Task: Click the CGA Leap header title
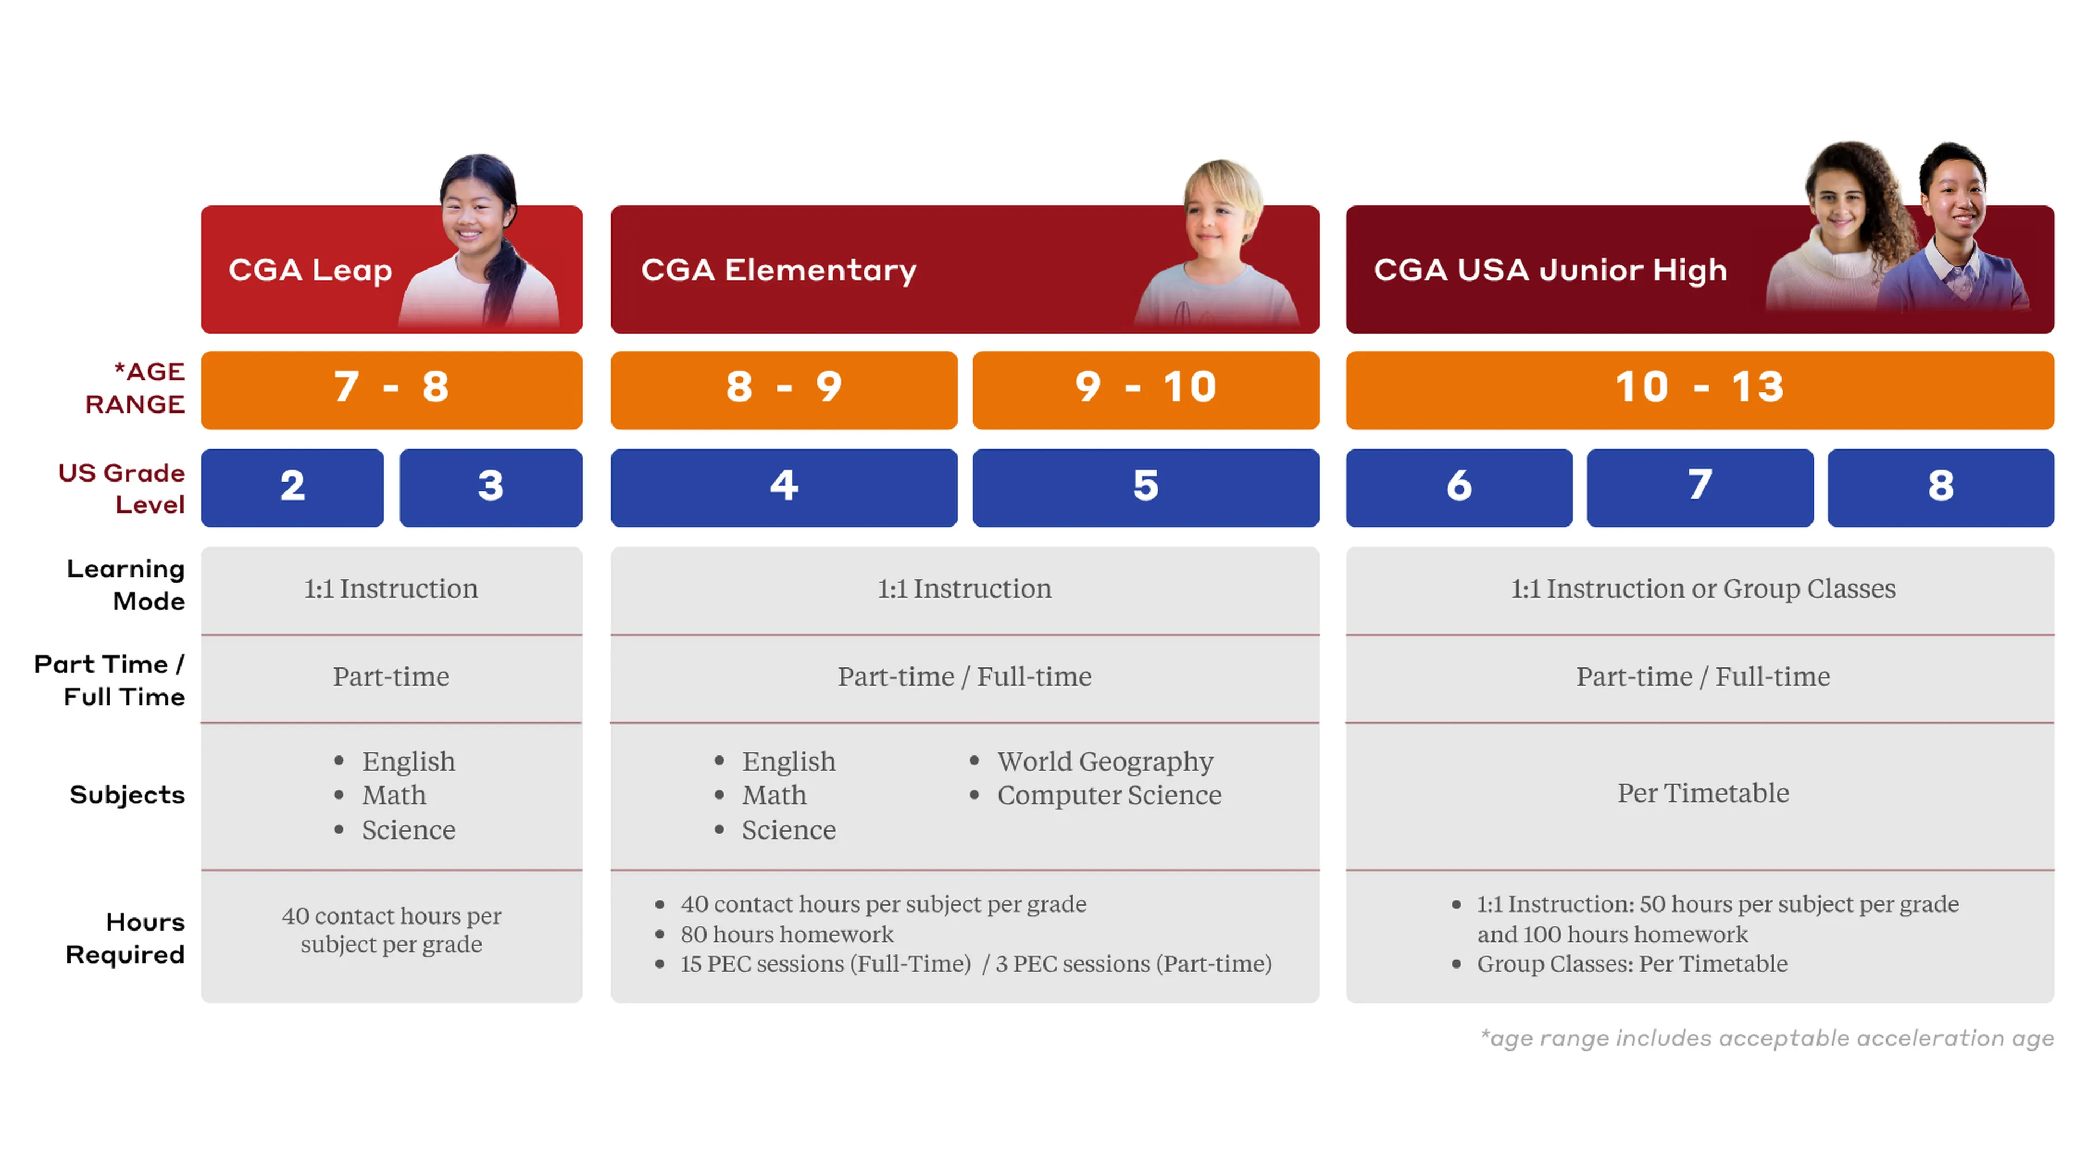point(310,270)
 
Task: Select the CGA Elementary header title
point(779,270)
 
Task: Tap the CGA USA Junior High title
point(1550,270)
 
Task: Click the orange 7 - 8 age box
point(391,390)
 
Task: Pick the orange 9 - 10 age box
point(1146,390)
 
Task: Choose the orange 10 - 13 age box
point(1699,390)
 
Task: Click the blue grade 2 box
point(292,488)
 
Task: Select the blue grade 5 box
point(1146,488)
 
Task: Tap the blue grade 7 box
point(1699,488)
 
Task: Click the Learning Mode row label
point(126,585)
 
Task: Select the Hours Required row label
point(126,938)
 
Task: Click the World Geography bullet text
point(1105,761)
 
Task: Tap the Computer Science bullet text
point(1109,796)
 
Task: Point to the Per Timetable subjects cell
point(1703,793)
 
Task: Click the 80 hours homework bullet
point(786,934)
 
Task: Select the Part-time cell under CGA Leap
point(391,677)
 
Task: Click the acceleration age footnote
point(1767,1038)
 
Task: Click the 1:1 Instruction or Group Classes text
point(1703,589)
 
